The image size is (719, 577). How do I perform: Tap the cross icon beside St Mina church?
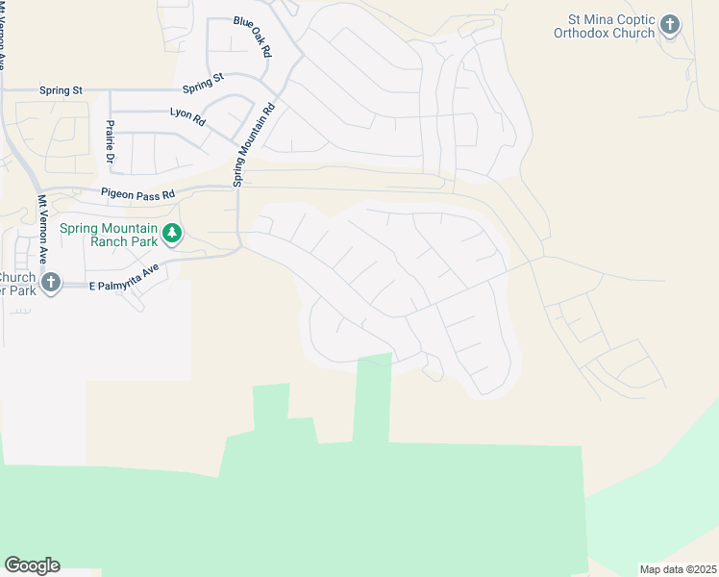click(x=670, y=25)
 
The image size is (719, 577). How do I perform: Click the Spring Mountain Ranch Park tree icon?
click(x=172, y=233)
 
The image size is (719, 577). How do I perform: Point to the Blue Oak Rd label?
click(x=253, y=37)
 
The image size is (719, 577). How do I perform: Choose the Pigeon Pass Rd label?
click(x=138, y=194)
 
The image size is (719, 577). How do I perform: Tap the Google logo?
click(x=32, y=564)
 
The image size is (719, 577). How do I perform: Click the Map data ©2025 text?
click(x=679, y=568)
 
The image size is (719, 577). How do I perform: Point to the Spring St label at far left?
click(x=61, y=90)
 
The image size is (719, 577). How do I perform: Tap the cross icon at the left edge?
click(x=51, y=283)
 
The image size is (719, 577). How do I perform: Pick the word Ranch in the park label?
click(x=112, y=241)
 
